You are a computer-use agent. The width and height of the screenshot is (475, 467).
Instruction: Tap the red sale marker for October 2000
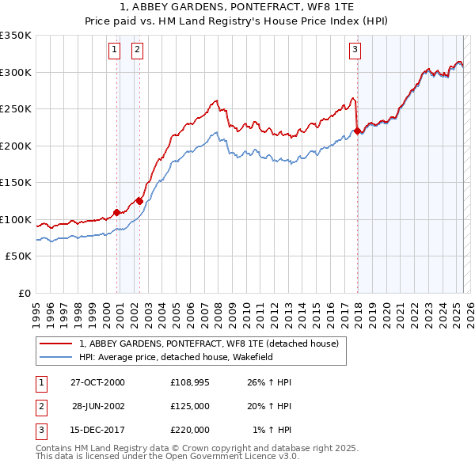coord(117,212)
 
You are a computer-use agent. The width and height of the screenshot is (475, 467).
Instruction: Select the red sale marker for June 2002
coord(140,200)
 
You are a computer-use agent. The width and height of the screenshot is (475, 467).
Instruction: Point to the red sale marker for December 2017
coord(357,131)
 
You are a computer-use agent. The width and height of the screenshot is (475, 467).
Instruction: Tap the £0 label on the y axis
coord(24,293)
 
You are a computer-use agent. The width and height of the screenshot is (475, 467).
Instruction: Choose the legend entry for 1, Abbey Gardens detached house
coord(209,344)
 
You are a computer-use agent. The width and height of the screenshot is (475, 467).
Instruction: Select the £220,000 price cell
coord(190,430)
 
